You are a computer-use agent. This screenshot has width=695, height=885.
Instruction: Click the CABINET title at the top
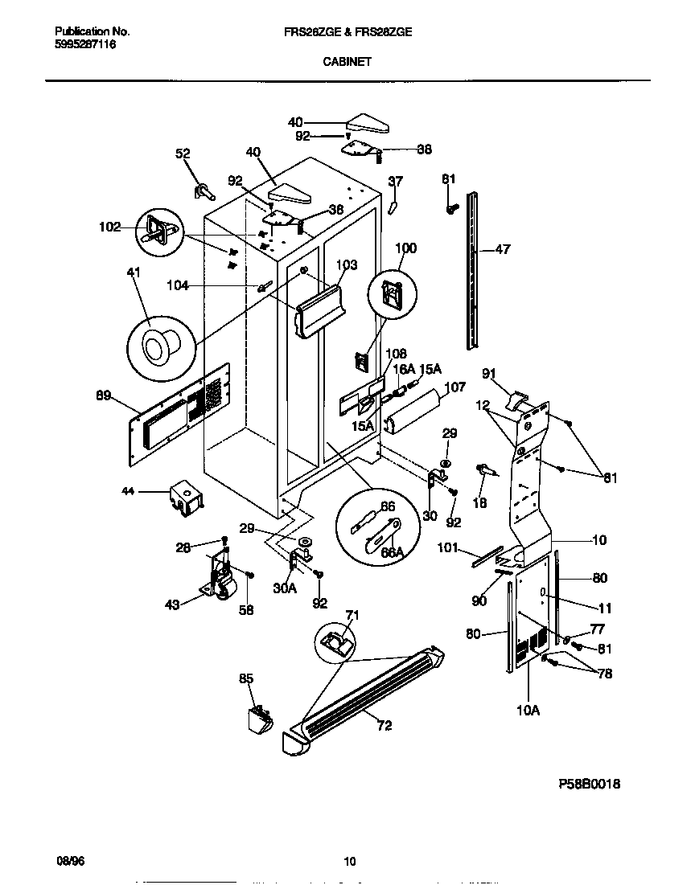347,61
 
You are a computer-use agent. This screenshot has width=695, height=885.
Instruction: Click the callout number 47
502,251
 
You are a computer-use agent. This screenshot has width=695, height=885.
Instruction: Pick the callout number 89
104,395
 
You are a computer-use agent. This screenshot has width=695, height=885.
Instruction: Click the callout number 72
385,725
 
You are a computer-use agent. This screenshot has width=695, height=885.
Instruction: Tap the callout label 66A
391,553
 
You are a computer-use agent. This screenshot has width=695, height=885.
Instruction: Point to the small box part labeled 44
186,499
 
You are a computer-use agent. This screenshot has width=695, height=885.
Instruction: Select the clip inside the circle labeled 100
393,295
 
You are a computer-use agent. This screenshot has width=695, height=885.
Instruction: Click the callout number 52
183,154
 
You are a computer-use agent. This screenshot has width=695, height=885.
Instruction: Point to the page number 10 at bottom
349,862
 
